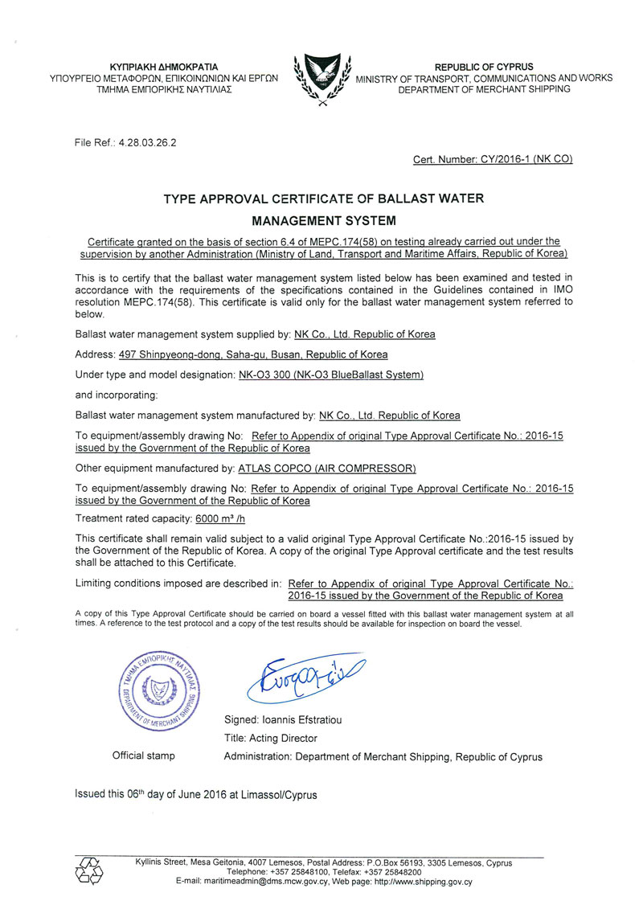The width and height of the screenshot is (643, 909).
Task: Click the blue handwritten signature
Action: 306,679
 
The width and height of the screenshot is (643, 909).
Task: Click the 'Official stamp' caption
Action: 144,755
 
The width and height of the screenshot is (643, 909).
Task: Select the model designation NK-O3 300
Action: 269,375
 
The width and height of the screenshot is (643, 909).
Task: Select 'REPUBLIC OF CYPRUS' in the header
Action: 484,67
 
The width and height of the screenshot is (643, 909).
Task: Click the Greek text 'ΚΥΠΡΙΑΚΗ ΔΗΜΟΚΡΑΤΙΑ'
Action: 163,67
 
